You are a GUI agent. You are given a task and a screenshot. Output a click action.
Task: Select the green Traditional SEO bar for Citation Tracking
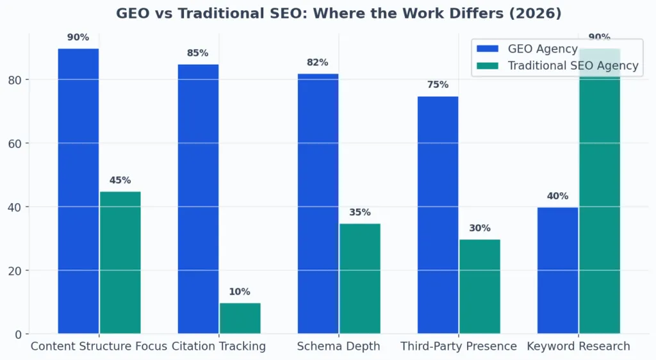tap(240, 318)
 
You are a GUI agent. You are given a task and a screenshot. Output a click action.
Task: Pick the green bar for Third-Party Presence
tap(479, 286)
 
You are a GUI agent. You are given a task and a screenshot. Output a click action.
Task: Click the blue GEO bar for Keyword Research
tap(557, 270)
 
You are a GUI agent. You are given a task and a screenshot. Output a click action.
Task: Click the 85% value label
tap(197, 53)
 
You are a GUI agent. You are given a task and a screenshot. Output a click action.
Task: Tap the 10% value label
tap(240, 292)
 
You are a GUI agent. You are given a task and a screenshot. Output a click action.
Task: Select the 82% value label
tap(318, 63)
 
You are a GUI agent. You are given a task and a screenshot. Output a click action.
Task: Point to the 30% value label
tap(479, 228)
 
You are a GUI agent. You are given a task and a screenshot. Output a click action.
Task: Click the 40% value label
tap(557, 196)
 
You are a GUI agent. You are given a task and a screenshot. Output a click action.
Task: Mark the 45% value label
tap(120, 181)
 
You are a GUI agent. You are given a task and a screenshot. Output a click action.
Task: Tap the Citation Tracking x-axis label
tap(218, 347)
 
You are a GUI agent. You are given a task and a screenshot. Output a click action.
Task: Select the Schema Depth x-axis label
tap(338, 347)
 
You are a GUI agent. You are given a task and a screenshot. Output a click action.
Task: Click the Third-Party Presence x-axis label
tap(459, 347)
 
